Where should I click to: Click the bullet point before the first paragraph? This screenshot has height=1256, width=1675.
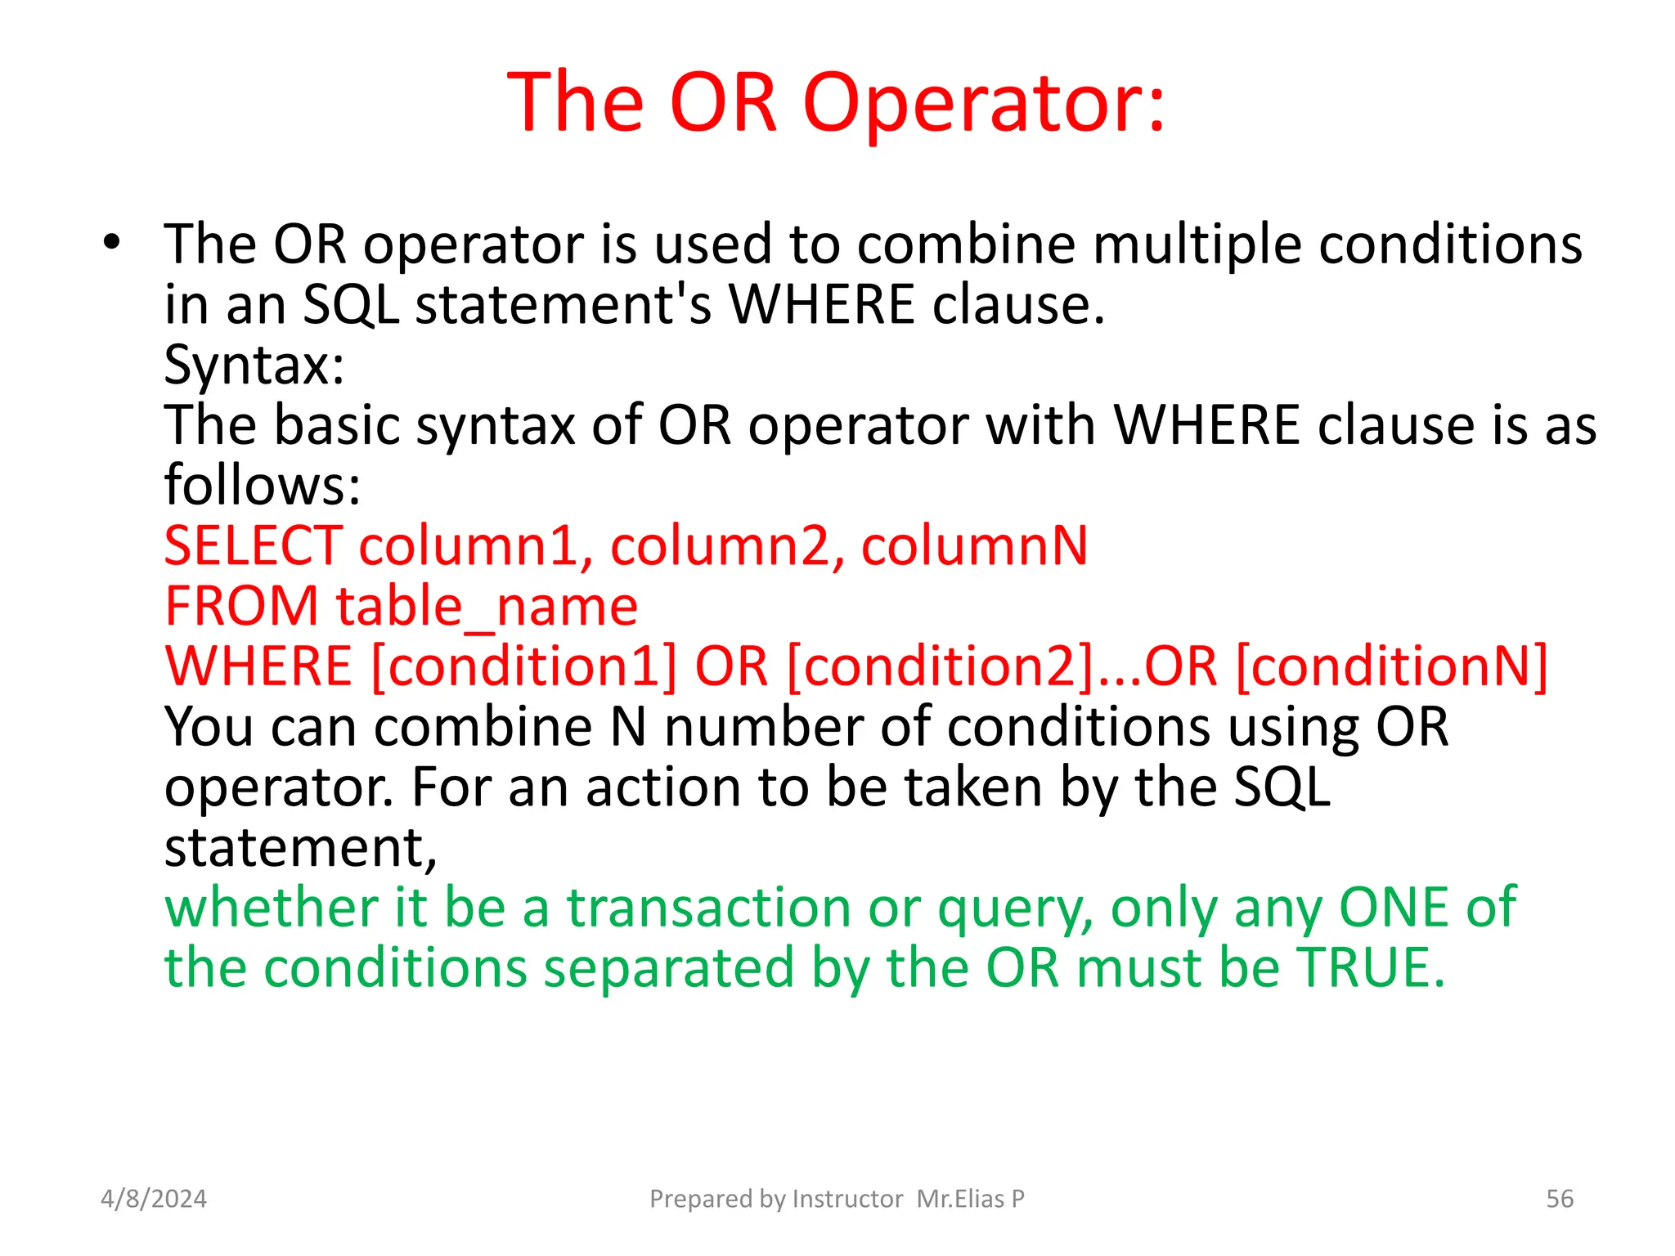[x=112, y=242]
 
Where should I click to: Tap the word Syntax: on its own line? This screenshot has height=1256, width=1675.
[x=254, y=365]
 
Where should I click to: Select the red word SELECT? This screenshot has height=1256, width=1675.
[x=253, y=546]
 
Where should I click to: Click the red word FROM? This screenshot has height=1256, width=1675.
[x=241, y=607]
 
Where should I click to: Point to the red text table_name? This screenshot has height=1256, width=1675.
[x=487, y=607]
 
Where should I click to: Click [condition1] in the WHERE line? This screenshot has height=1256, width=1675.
[x=524, y=666]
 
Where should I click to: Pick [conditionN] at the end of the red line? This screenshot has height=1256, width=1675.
[x=1391, y=666]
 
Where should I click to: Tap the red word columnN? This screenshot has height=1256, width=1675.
[x=974, y=546]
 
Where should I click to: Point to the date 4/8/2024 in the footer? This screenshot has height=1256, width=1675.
[x=154, y=1199]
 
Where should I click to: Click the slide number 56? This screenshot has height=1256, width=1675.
[x=1560, y=1199]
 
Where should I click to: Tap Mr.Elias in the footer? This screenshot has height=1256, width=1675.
[x=960, y=1199]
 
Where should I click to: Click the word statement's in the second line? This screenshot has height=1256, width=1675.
[x=564, y=305]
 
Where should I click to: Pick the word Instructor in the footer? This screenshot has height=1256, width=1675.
[x=847, y=1199]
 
